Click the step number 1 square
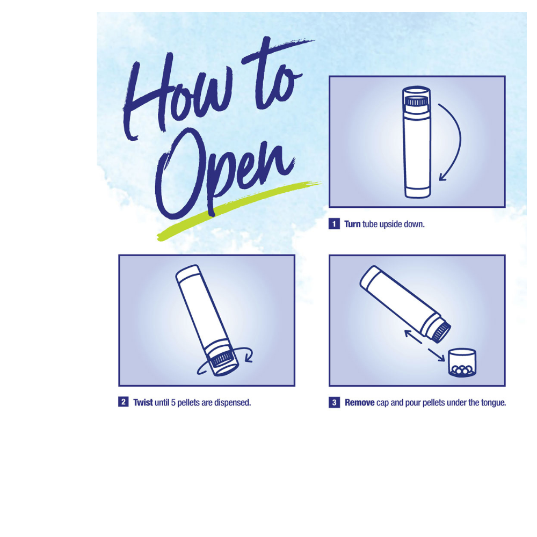pos(334,224)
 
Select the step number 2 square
pos(124,402)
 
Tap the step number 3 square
pos(334,402)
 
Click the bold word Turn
pos(352,224)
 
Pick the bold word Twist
pos(143,402)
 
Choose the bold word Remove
pos(360,402)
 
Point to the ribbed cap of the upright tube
pos(416,101)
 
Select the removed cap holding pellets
pos(462,363)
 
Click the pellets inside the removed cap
pos(462,370)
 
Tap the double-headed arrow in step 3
pos(425,345)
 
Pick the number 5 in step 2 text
pos(173,403)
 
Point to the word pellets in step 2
pos(188,403)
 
